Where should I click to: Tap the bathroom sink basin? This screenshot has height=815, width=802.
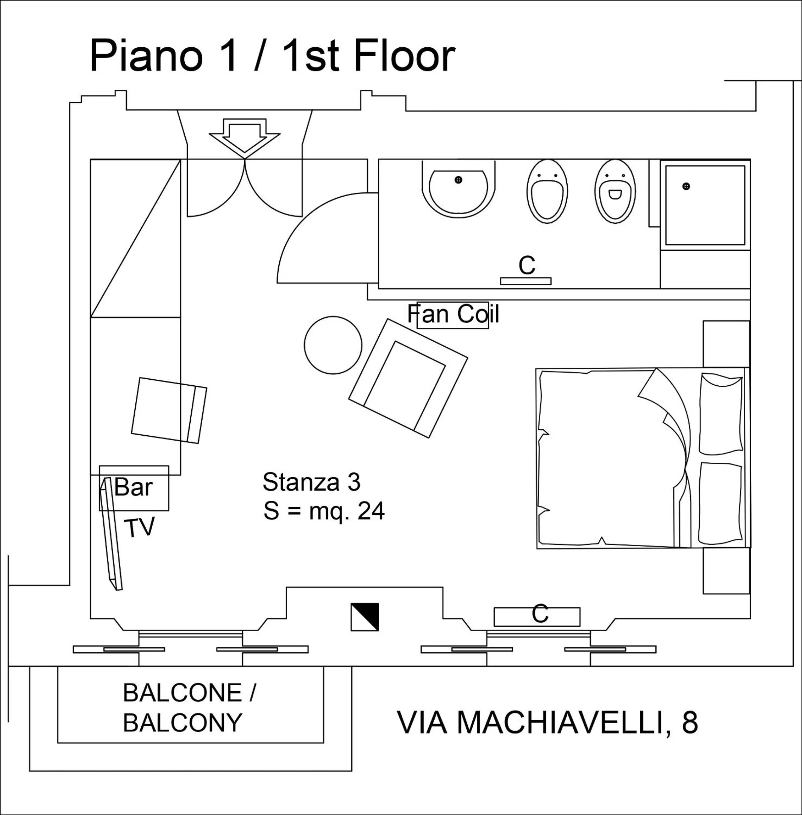458,192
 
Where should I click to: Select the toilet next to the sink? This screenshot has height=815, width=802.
547,192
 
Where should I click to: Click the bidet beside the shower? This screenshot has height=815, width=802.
615,192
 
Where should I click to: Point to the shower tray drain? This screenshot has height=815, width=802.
686,186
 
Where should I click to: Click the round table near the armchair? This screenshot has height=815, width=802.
333,345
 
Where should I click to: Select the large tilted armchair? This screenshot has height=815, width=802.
408,378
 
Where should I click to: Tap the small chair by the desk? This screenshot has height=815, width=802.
169,410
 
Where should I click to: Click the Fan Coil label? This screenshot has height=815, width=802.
453,314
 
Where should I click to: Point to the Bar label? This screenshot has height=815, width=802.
133,487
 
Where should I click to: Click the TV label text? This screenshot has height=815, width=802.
139,527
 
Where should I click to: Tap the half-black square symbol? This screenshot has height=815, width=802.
364,617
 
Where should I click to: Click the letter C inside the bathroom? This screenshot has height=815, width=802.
527,265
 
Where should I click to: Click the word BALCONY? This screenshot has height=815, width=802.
182,722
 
